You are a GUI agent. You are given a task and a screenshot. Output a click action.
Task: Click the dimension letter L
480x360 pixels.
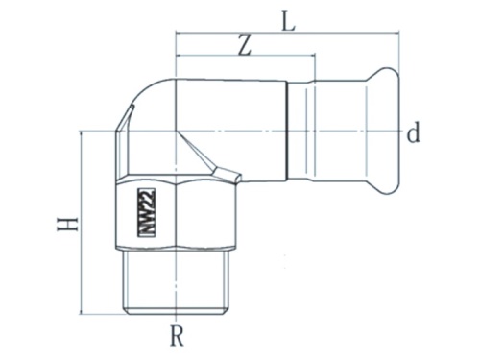point(287,19)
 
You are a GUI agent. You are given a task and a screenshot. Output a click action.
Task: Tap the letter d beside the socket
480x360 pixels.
point(413,132)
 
